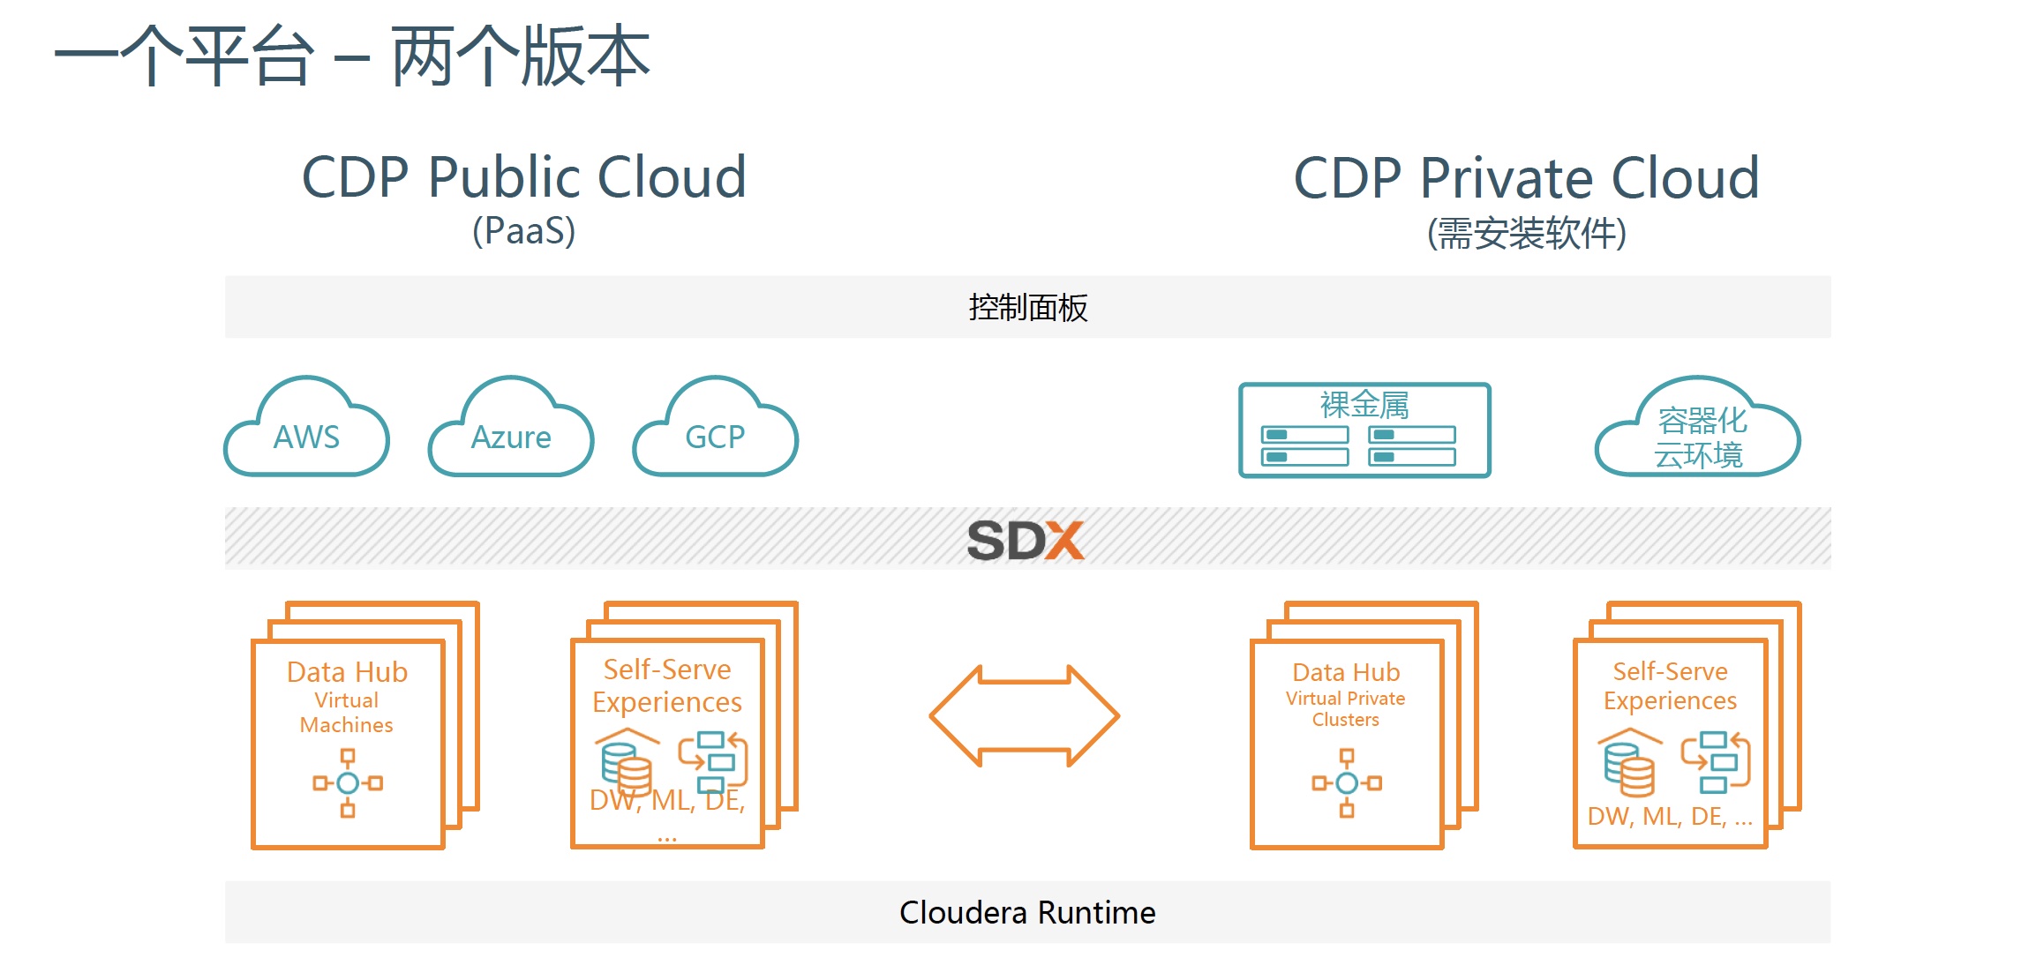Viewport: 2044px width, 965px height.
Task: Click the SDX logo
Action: click(1026, 539)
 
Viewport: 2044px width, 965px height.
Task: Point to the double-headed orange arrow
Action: click(1024, 715)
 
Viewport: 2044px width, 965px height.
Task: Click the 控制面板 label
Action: click(1027, 308)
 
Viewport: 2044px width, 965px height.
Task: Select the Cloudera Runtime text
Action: click(1026, 912)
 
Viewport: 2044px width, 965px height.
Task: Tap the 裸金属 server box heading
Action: click(1364, 404)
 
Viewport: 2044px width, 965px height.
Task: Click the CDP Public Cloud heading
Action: click(524, 177)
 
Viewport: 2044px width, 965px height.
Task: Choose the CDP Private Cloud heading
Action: click(1526, 177)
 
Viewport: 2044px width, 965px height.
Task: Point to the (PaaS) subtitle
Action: click(523, 231)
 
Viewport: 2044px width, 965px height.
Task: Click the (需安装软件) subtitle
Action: click(1526, 234)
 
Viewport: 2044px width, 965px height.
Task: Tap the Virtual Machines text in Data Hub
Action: click(346, 713)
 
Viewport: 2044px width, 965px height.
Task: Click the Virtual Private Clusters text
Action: click(1345, 709)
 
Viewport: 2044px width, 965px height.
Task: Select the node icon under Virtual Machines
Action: click(348, 782)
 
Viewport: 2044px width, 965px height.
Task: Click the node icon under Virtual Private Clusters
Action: click(1346, 782)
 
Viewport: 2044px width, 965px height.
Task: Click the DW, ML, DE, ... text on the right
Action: click(1669, 817)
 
